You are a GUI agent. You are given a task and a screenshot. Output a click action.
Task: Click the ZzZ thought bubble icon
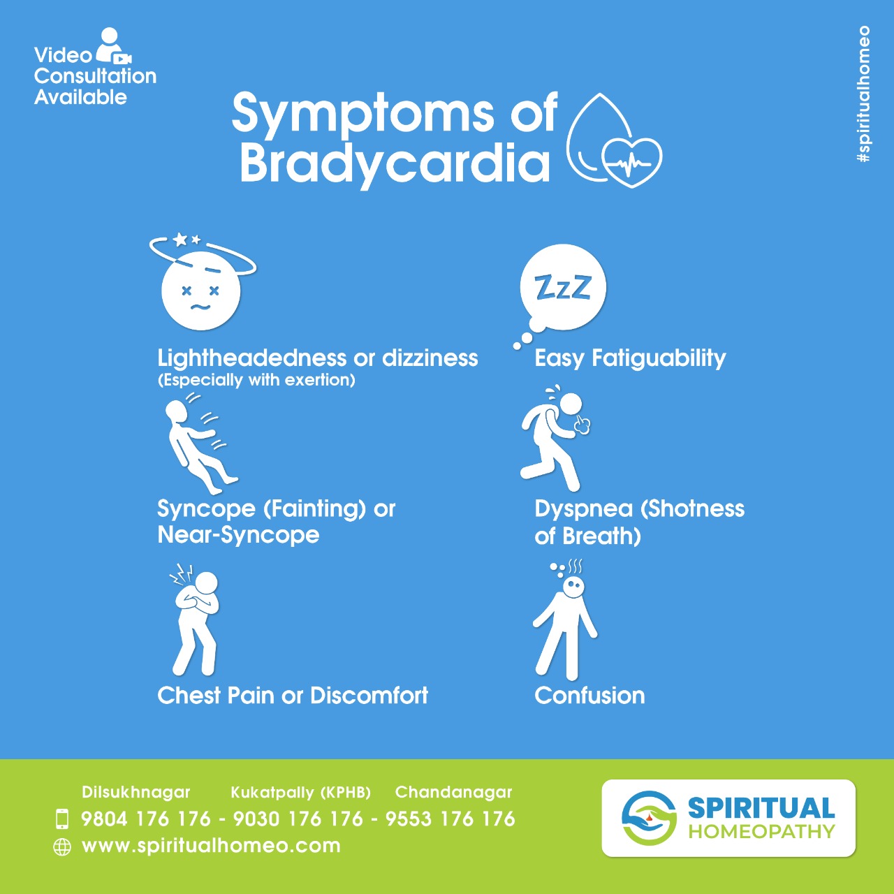click(562, 288)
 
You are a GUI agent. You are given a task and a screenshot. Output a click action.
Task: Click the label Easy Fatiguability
click(630, 358)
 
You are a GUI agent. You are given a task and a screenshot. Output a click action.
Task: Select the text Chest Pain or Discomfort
click(293, 696)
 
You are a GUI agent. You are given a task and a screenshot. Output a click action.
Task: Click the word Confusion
click(589, 696)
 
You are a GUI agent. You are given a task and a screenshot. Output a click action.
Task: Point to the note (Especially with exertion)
click(256, 381)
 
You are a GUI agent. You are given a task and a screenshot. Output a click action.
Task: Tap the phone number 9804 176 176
click(146, 819)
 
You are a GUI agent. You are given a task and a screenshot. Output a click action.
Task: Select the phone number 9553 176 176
click(450, 819)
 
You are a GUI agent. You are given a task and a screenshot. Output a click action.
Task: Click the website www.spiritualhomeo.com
click(211, 846)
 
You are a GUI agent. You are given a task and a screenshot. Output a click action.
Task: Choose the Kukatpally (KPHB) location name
click(300, 793)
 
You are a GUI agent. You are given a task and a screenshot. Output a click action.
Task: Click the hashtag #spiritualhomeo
click(864, 94)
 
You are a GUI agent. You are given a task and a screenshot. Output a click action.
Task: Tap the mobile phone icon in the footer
click(62, 819)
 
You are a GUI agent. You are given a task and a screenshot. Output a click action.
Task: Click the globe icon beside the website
click(62, 847)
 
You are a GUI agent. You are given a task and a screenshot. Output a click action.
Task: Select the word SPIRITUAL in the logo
click(761, 808)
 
